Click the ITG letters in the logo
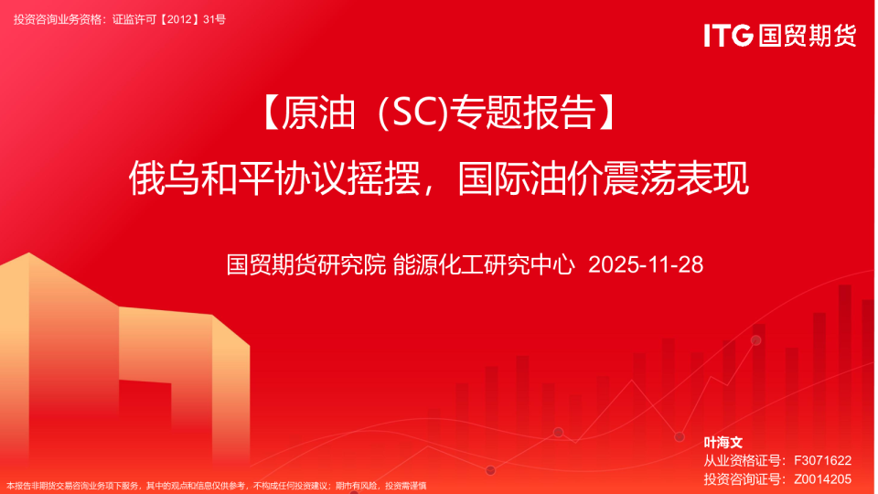pos(728,35)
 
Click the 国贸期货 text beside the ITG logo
pos(806,35)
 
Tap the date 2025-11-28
pos(646,265)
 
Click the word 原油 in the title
pos(315,114)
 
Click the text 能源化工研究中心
pos(484,265)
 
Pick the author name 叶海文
pos(723,443)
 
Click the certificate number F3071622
pos(822,460)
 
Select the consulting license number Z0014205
pos(822,478)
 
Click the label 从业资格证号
pos(744,460)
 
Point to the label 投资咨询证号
pos(744,478)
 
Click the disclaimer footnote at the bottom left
pos(216,486)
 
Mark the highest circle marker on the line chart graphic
pos(755,340)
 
